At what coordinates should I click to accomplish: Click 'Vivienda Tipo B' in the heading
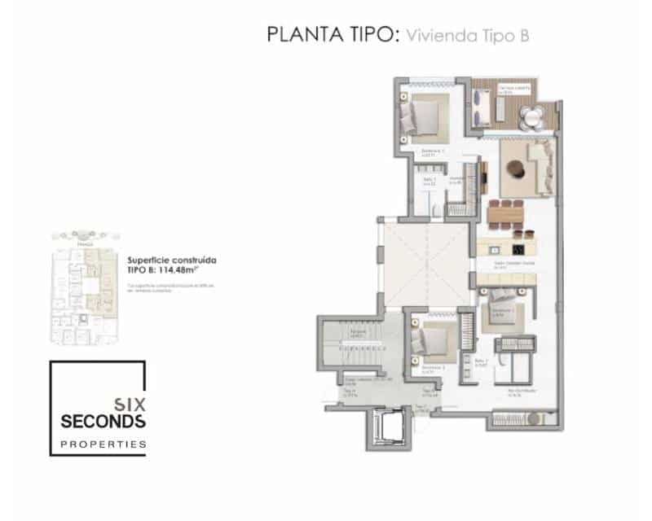469,36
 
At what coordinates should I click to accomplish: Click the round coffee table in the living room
517,168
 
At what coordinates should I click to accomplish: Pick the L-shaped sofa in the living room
537,162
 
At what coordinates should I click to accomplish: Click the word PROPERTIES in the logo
104,444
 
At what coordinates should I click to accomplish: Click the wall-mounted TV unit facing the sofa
484,173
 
